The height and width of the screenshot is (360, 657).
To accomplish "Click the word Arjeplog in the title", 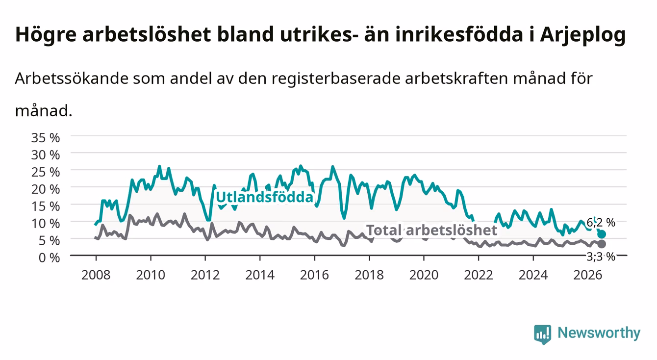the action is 583,35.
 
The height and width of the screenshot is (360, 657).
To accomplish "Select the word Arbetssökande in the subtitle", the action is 72,78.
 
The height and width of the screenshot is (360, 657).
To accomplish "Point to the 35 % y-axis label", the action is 46,138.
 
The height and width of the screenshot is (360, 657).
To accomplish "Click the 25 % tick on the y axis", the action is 46,172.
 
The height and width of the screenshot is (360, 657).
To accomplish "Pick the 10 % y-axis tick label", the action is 46,224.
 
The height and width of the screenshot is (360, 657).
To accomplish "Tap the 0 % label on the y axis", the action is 49,257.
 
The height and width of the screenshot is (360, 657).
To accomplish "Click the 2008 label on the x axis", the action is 96,275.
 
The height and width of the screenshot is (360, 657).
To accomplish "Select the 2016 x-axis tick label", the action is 314,275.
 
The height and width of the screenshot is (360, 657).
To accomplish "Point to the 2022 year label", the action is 479,275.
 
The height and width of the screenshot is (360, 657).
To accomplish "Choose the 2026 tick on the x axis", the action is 588,275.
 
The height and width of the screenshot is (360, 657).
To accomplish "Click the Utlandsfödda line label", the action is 265,197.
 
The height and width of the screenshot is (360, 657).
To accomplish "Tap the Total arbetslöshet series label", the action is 432,230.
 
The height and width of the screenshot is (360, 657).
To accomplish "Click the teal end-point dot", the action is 602,234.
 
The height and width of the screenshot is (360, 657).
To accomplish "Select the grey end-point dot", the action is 602,244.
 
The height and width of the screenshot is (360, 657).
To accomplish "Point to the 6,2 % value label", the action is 601,223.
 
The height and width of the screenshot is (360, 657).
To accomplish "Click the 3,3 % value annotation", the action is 601,257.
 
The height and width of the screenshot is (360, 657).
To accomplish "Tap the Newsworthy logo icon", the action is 543,334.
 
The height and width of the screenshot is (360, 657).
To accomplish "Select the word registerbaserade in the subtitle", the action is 336,78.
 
